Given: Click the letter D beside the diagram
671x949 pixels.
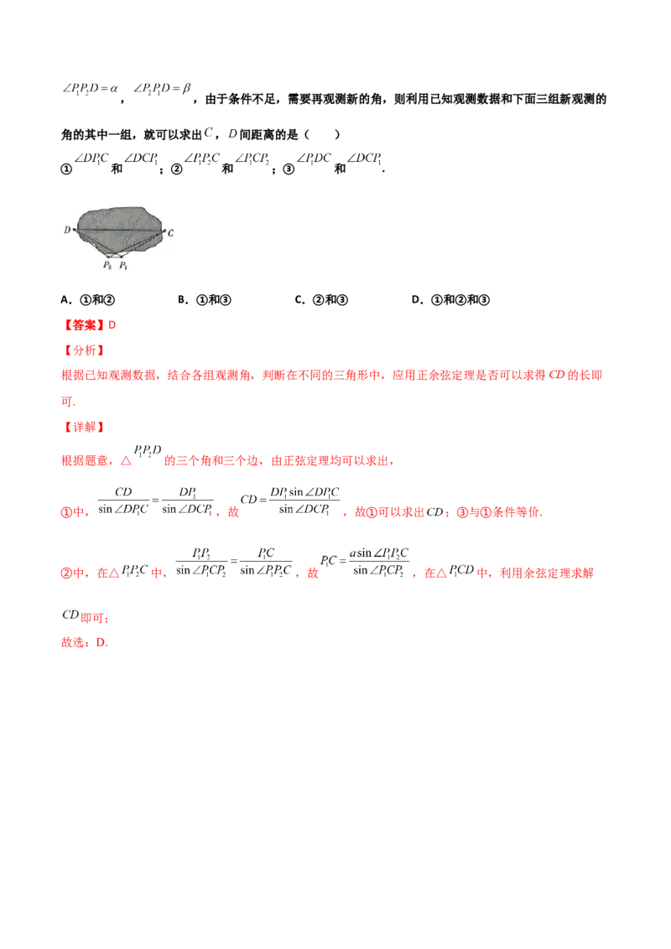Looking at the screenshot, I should pos(66,230).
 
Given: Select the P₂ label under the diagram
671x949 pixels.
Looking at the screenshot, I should pos(107,265).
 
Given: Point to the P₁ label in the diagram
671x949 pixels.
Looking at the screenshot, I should pos(123,265).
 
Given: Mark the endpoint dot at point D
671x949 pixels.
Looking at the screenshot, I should pos(75,229).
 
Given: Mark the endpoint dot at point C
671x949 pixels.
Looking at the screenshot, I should pos(163,231).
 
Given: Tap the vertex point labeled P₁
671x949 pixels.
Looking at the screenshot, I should pos(121,255).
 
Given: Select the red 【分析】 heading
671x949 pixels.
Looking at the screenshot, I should pos(84,350).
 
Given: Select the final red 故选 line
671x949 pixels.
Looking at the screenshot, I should pos(84,644).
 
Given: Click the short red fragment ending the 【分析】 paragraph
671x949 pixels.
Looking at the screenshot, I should pos(70,402).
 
